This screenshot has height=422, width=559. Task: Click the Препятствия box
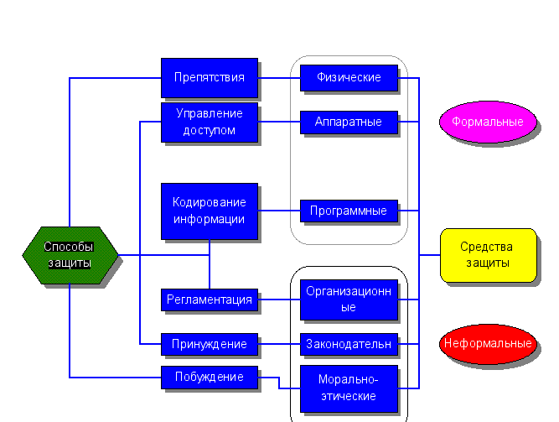(210, 78)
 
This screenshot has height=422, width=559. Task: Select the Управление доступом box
(210, 122)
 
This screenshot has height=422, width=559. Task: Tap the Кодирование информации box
(210, 211)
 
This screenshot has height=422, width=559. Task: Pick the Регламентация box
(210, 300)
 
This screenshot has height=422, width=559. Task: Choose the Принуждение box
(210, 344)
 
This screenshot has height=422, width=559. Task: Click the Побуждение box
(210, 377)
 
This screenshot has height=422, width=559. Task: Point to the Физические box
(349, 78)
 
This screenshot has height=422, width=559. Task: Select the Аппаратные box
(349, 122)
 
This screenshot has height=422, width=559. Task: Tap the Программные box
(349, 211)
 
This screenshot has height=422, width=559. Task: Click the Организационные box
(349, 300)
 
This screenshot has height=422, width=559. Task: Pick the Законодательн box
(349, 344)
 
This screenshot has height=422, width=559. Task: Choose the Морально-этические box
(349, 388)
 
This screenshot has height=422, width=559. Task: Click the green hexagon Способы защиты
(70, 255)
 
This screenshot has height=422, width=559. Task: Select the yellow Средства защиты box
(488, 255)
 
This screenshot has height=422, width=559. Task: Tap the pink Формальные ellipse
(488, 122)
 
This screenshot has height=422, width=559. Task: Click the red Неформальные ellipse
(488, 344)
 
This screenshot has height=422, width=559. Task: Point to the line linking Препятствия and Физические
(279, 78)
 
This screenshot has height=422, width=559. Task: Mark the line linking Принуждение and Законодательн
(279, 344)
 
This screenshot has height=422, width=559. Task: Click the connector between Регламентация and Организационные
(279, 300)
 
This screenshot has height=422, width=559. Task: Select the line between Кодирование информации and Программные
(279, 210)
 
